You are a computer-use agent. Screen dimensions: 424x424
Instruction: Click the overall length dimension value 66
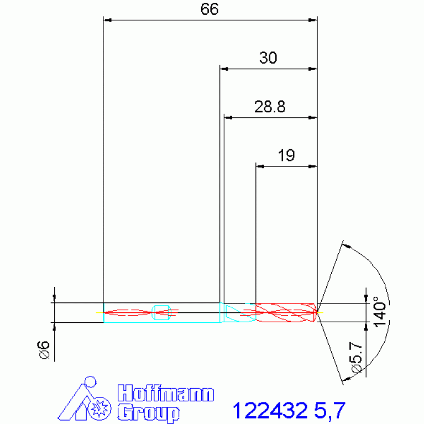tap(210, 9)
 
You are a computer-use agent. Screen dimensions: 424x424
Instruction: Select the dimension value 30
tap(268, 57)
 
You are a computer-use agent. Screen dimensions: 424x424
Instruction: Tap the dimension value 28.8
tap(270, 107)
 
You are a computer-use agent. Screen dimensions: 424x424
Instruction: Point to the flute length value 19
tap(286, 155)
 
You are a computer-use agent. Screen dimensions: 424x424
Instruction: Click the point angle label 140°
tap(380, 312)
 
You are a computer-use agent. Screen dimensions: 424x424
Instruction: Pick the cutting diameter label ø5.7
tap(357, 358)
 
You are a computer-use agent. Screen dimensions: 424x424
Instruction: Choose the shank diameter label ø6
tap(44, 350)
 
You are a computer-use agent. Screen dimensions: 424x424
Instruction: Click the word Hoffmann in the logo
tap(166, 393)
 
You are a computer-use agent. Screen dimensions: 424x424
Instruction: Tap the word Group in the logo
tap(149, 412)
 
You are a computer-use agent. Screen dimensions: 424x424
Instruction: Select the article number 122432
tap(270, 411)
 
